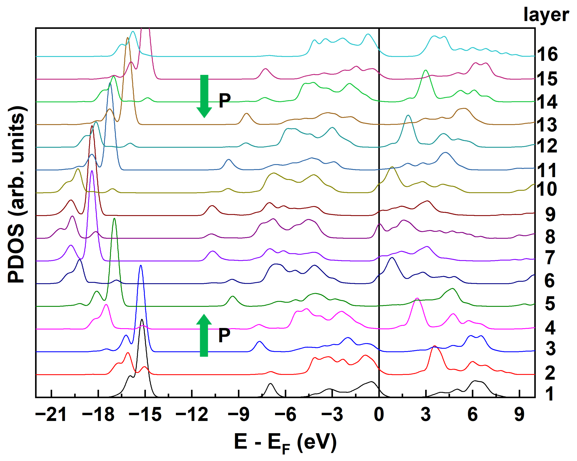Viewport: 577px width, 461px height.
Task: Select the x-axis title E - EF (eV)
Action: [285, 443]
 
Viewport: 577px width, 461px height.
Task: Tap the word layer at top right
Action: [546, 15]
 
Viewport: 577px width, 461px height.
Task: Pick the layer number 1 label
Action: [549, 394]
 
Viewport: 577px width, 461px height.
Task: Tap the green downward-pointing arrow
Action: [204, 96]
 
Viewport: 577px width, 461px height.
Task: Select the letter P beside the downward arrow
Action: [225, 101]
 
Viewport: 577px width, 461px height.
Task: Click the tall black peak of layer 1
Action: [142, 321]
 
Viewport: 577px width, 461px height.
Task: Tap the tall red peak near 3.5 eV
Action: [435, 347]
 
